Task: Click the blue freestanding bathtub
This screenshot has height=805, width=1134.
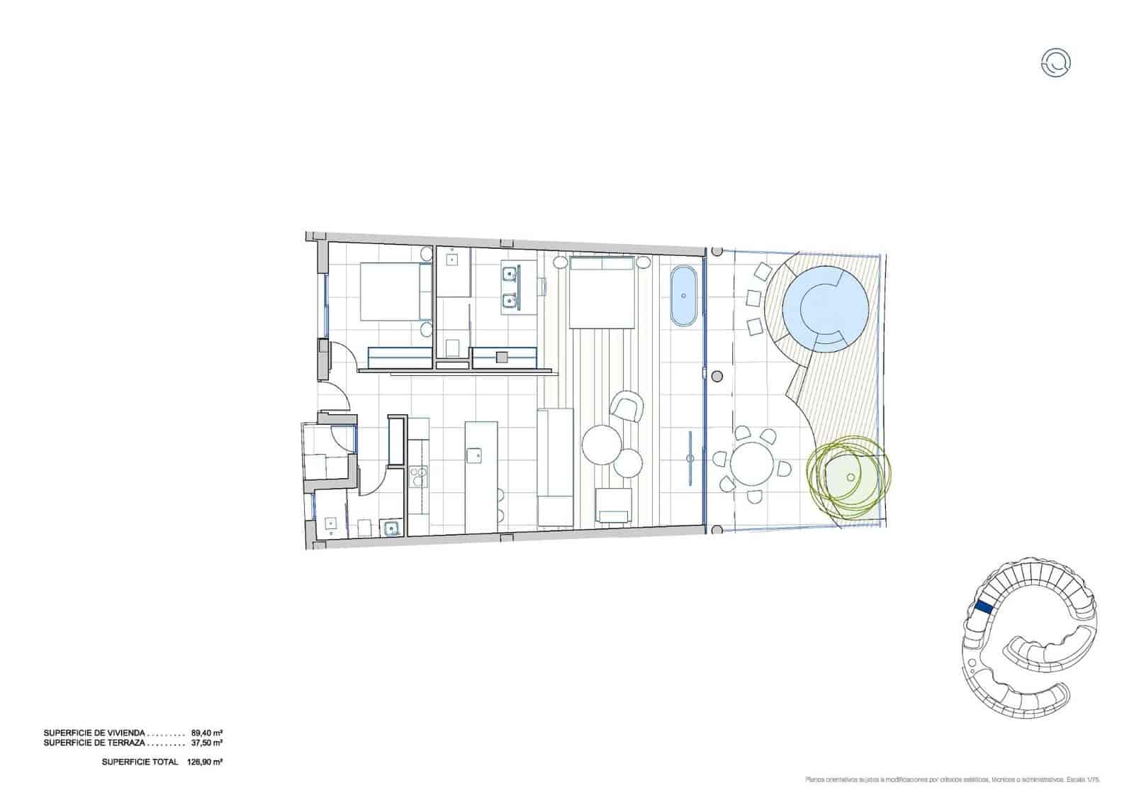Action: pyautogui.click(x=685, y=296)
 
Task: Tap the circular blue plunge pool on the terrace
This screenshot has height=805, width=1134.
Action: pyautogui.click(x=824, y=307)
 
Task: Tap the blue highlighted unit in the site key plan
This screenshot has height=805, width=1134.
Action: pyautogui.click(x=983, y=606)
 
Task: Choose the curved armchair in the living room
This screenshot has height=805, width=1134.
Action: pyautogui.click(x=627, y=406)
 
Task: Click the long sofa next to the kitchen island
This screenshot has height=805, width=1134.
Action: pyautogui.click(x=555, y=468)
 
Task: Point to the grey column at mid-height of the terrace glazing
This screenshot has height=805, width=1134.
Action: pyautogui.click(x=717, y=375)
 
